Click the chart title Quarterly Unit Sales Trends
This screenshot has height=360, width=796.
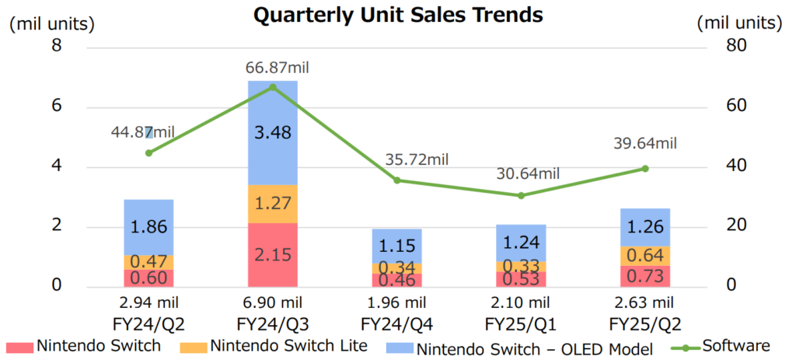click(x=398, y=15)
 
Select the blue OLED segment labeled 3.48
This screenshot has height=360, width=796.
click(x=272, y=133)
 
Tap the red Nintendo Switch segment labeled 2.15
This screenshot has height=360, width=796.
click(x=272, y=255)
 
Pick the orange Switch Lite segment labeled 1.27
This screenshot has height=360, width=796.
click(x=272, y=204)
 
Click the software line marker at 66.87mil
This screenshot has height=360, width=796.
click(x=272, y=87)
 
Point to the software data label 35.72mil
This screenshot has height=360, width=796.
click(x=417, y=160)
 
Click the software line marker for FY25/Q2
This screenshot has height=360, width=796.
click(x=644, y=168)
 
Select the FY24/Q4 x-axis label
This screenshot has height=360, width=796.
click(x=396, y=322)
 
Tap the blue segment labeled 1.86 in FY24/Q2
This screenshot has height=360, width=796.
click(x=148, y=227)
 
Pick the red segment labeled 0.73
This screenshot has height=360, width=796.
click(x=644, y=276)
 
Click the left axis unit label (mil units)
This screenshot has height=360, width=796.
click(x=52, y=24)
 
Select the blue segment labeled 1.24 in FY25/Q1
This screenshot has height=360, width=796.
click(x=520, y=242)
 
